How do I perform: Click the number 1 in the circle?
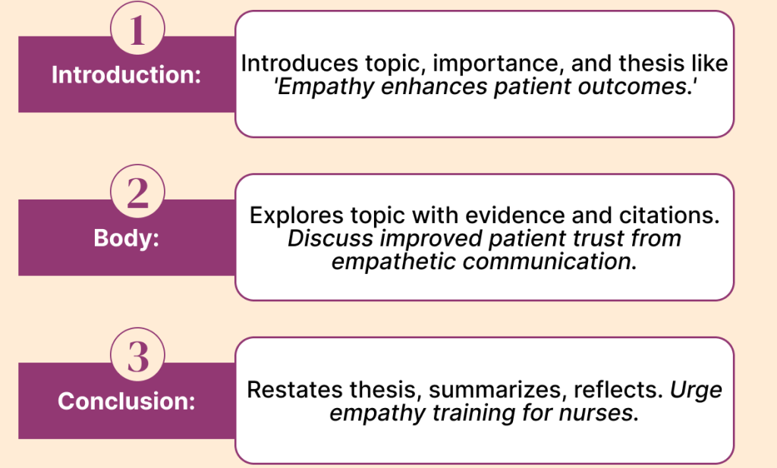pyautogui.click(x=137, y=30)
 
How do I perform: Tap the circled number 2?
pyautogui.click(x=137, y=193)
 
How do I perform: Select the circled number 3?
pyautogui.click(x=137, y=356)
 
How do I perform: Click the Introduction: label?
pyautogui.click(x=127, y=75)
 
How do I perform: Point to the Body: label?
pyautogui.click(x=127, y=237)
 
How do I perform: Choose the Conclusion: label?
pyautogui.click(x=127, y=400)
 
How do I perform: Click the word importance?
pyautogui.click(x=499, y=64)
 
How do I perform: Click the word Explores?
pyautogui.click(x=296, y=216)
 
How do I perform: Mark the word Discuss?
pyautogui.click(x=330, y=238)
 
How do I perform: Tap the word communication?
pyautogui.click(x=549, y=262)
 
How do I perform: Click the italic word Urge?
pyautogui.click(x=696, y=391)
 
